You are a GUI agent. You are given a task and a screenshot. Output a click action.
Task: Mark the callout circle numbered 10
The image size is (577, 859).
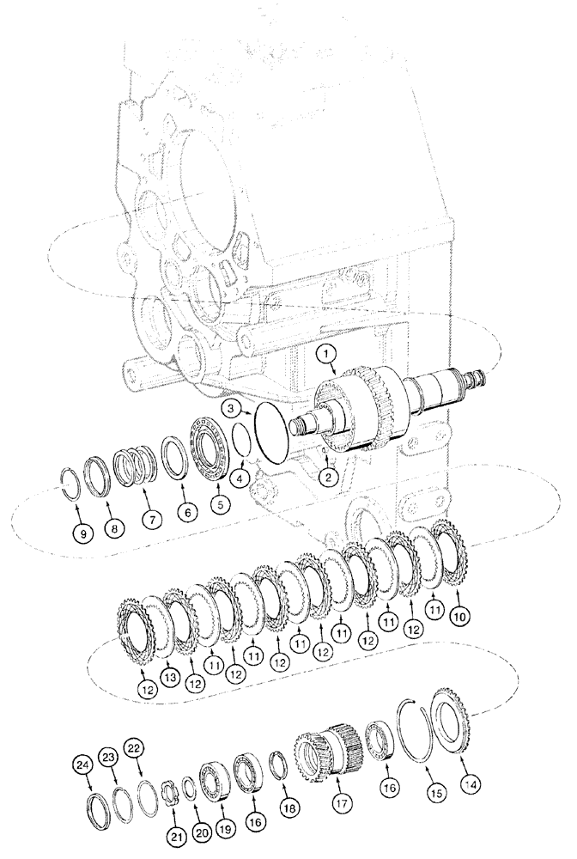[x=462, y=615]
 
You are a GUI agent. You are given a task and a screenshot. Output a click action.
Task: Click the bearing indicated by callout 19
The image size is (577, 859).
[x=211, y=780]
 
